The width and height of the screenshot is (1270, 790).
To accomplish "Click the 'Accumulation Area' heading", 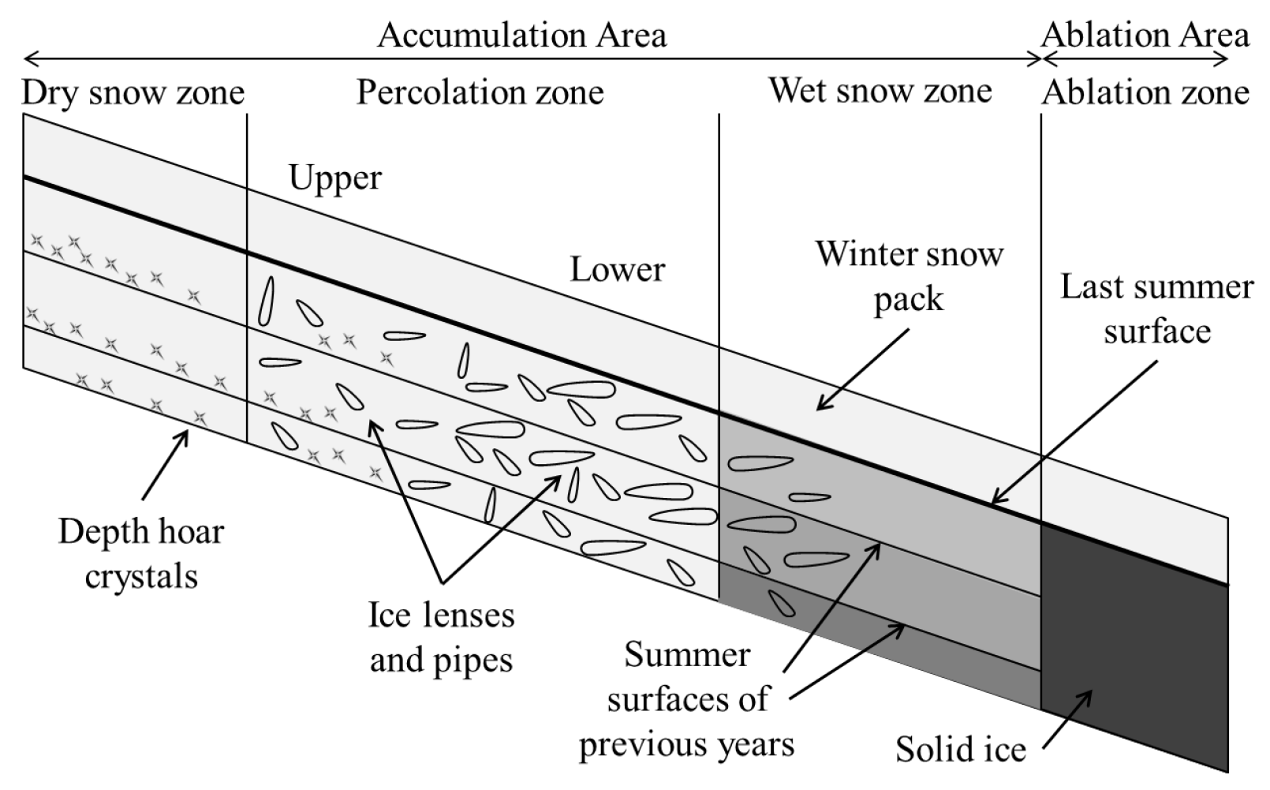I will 521,36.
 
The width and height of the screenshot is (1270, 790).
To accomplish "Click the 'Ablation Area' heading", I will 1145,36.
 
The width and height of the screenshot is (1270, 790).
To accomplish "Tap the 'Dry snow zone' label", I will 133,93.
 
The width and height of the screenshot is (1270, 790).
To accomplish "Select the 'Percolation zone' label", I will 480,93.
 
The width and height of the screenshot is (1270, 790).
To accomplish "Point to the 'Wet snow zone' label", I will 880,92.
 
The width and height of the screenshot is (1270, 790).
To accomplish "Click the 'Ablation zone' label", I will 1145,93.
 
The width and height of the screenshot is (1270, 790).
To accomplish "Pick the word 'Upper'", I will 334,178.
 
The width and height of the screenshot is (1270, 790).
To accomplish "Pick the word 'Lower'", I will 617,270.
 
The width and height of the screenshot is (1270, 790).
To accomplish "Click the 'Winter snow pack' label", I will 909,276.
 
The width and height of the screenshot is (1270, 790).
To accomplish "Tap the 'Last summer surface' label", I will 1156,309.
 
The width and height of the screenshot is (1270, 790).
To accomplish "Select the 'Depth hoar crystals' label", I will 141,554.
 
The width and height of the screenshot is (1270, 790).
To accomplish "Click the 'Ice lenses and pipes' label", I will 442,637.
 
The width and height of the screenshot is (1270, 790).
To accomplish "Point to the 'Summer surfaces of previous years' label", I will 686,699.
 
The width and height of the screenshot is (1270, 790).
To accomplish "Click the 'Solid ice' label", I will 960,749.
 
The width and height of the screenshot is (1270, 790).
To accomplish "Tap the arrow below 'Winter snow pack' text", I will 863,369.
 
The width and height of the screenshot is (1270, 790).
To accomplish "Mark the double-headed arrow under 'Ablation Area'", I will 1136,59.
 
